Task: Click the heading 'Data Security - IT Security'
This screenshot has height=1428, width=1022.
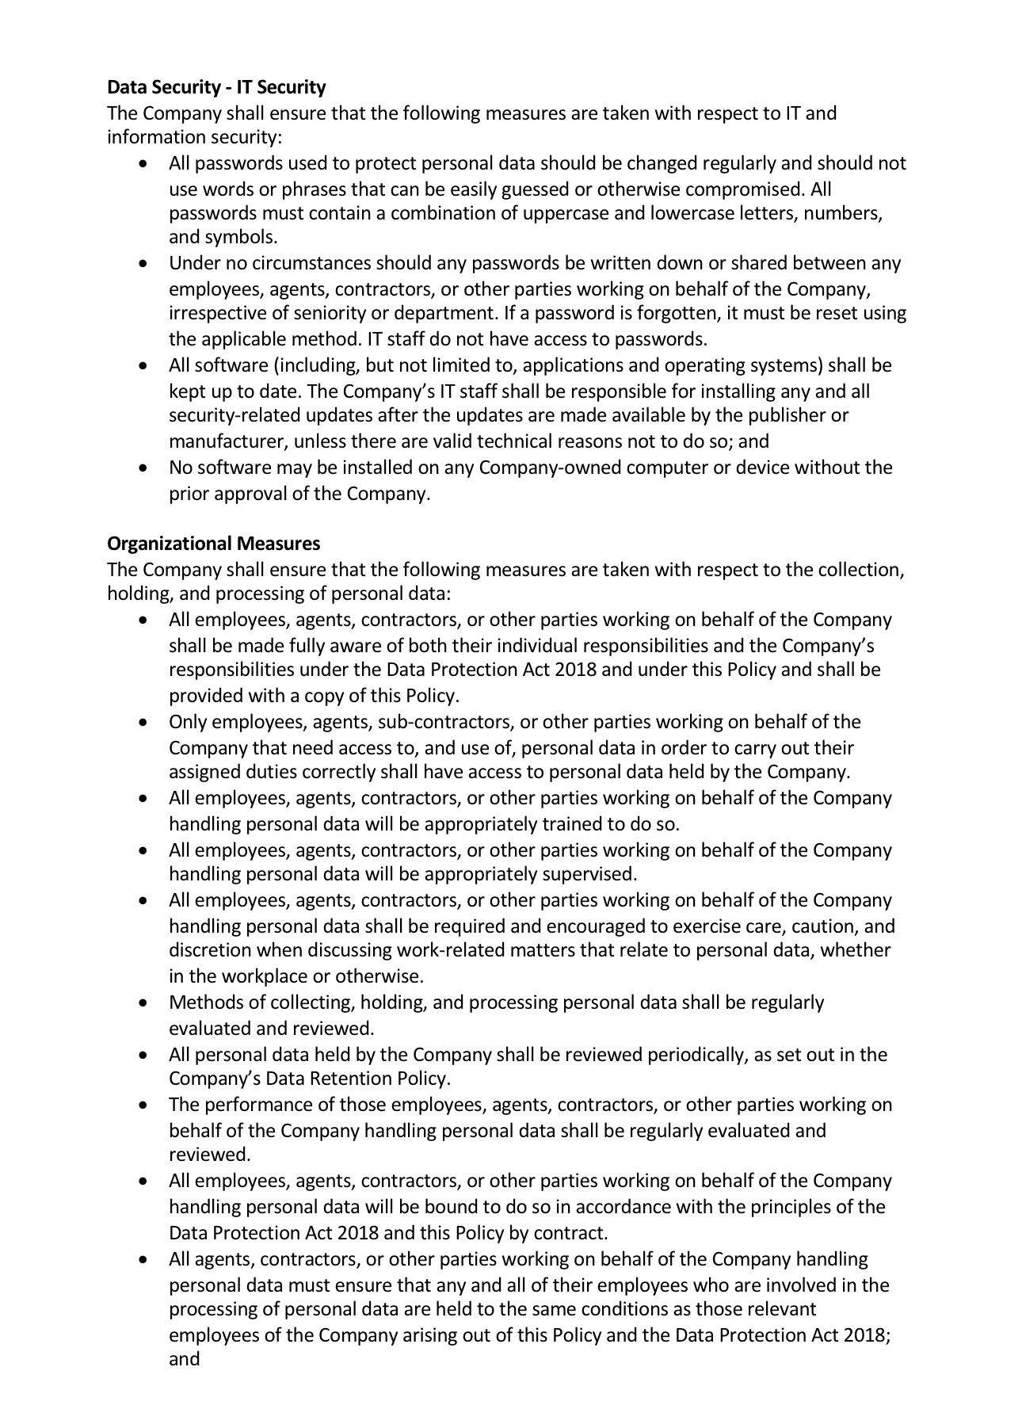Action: pos(216,86)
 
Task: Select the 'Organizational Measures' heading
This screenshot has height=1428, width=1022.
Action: pos(214,544)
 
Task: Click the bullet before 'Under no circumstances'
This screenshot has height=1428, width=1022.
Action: pos(143,263)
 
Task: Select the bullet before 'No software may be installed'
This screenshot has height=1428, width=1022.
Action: pos(143,468)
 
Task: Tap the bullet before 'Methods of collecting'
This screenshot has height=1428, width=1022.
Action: pos(143,1003)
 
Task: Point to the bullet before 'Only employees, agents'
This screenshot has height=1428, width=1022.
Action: pos(143,723)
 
